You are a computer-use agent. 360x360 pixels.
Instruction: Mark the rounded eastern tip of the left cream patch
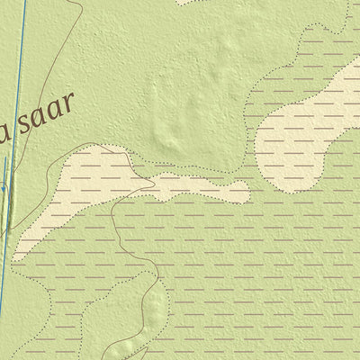coord(243,190)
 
